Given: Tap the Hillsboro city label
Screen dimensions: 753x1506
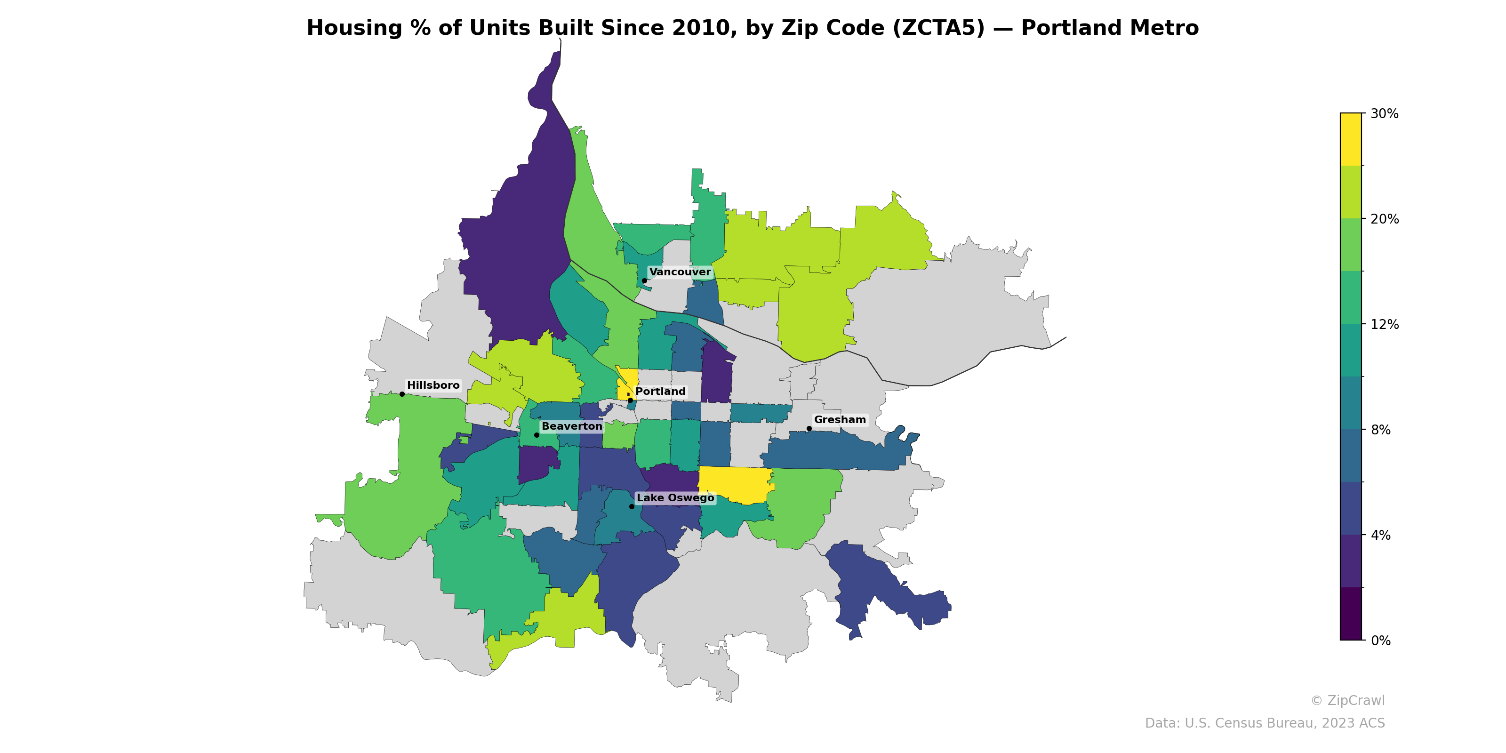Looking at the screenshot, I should point(433,385).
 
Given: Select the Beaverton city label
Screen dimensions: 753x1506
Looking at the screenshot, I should point(571,426).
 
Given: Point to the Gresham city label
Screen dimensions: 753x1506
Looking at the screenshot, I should point(840,420).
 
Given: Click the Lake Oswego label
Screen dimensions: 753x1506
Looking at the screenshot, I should point(675,497).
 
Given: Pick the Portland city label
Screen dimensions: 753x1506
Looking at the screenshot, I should point(660,392).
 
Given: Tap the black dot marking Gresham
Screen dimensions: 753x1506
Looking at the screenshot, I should point(809,429).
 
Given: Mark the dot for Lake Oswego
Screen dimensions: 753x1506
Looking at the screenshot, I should point(632,506).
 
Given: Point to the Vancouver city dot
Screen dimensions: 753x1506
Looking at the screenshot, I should point(644,280).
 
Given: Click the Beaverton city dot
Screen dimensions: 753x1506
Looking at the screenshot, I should point(537,435).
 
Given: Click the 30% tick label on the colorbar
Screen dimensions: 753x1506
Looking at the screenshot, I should point(1385,114).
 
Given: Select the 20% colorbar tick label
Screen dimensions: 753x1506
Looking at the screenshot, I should point(1385,219).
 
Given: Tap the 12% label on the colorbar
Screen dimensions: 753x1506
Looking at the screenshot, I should point(1385,324).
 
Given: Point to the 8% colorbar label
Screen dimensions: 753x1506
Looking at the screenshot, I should point(1381,430).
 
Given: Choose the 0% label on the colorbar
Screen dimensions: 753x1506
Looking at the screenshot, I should point(1381,641).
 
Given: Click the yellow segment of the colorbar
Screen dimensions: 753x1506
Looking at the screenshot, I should point(1351,139).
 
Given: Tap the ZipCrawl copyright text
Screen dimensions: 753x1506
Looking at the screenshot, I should point(1347,700).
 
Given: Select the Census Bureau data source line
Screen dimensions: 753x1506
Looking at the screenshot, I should point(1264,723).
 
